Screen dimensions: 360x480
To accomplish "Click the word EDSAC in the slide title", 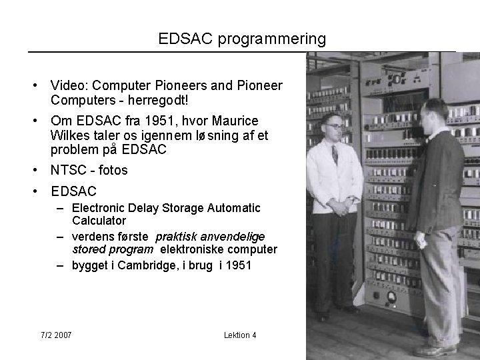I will point(184,39).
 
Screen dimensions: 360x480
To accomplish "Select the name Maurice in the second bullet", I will point(235,122).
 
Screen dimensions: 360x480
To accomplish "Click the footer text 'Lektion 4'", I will point(240,335).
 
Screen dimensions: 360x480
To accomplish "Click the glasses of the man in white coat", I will point(335,125).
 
